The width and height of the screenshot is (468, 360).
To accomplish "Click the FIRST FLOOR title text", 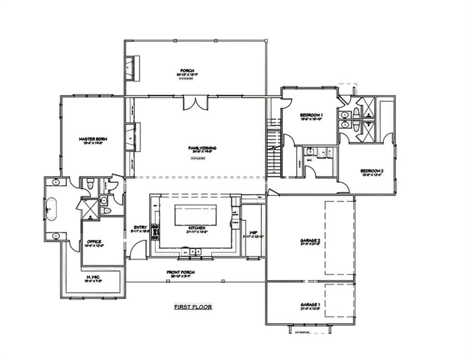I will click(193, 307).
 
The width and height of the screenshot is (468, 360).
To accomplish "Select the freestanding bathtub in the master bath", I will click(51, 210).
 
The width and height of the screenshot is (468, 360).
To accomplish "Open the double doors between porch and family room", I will click(195, 103).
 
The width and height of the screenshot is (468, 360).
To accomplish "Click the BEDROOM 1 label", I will click(312, 115).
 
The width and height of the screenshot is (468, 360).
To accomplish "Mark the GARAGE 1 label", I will click(310, 305).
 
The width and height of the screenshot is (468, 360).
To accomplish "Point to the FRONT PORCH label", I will click(180, 272).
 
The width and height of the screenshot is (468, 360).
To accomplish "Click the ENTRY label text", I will click(140, 228).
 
